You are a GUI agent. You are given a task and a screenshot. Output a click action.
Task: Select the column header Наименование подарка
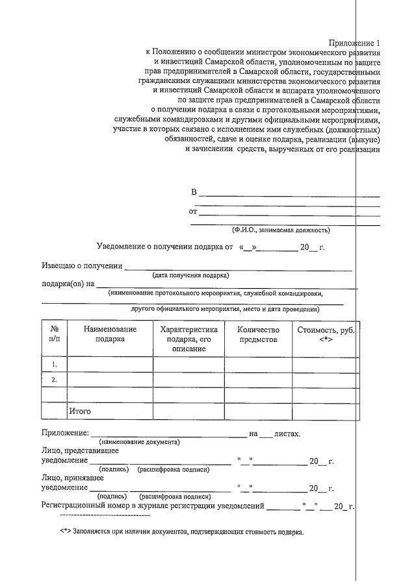coord(110,334)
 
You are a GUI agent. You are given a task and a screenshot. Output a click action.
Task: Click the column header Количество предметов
coord(258,334)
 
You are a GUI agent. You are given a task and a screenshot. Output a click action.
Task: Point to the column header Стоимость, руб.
coord(326,334)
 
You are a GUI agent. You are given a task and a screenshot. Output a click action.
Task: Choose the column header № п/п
coord(55,334)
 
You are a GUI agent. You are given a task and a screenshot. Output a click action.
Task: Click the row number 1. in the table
coord(55,365)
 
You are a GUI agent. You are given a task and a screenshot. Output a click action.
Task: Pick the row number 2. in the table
coord(55,380)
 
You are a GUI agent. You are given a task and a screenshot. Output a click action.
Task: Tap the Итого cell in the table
coord(80,411)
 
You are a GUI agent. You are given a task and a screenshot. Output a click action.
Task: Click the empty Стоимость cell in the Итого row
coord(325,411)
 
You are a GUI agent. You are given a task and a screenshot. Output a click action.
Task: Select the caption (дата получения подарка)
coord(190,275)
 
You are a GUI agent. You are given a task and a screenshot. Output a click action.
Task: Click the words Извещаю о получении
coord(82,266)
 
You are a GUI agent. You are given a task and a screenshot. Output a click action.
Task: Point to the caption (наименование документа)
coord(139,441)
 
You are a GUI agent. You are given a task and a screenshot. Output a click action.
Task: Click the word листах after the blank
coord(287,433)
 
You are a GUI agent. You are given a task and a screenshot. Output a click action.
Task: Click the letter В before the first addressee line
coord(194,193)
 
